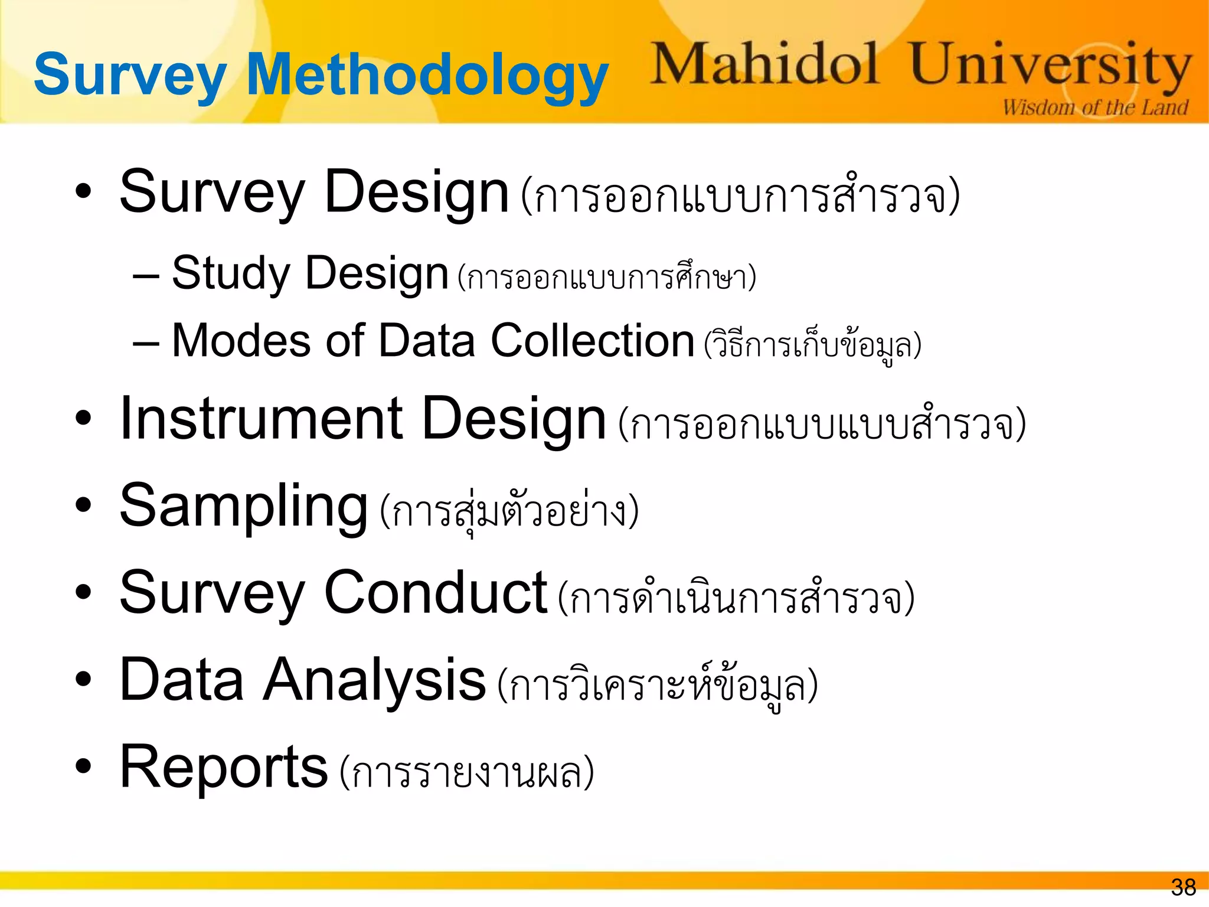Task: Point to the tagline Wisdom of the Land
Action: pos(1095,107)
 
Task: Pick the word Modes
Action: pos(241,341)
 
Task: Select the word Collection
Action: pos(592,341)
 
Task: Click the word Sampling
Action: pos(244,507)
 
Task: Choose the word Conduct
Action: pos(436,593)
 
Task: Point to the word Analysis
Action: pos(374,680)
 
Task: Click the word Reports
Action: pos(223,767)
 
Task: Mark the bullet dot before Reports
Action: pos(84,766)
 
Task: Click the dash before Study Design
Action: pos(146,276)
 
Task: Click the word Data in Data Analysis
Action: pos(182,680)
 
